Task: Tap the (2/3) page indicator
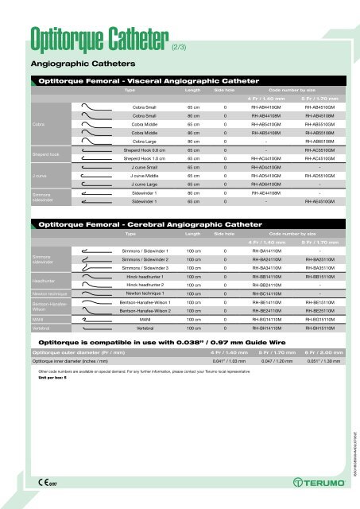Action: tap(182, 46)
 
